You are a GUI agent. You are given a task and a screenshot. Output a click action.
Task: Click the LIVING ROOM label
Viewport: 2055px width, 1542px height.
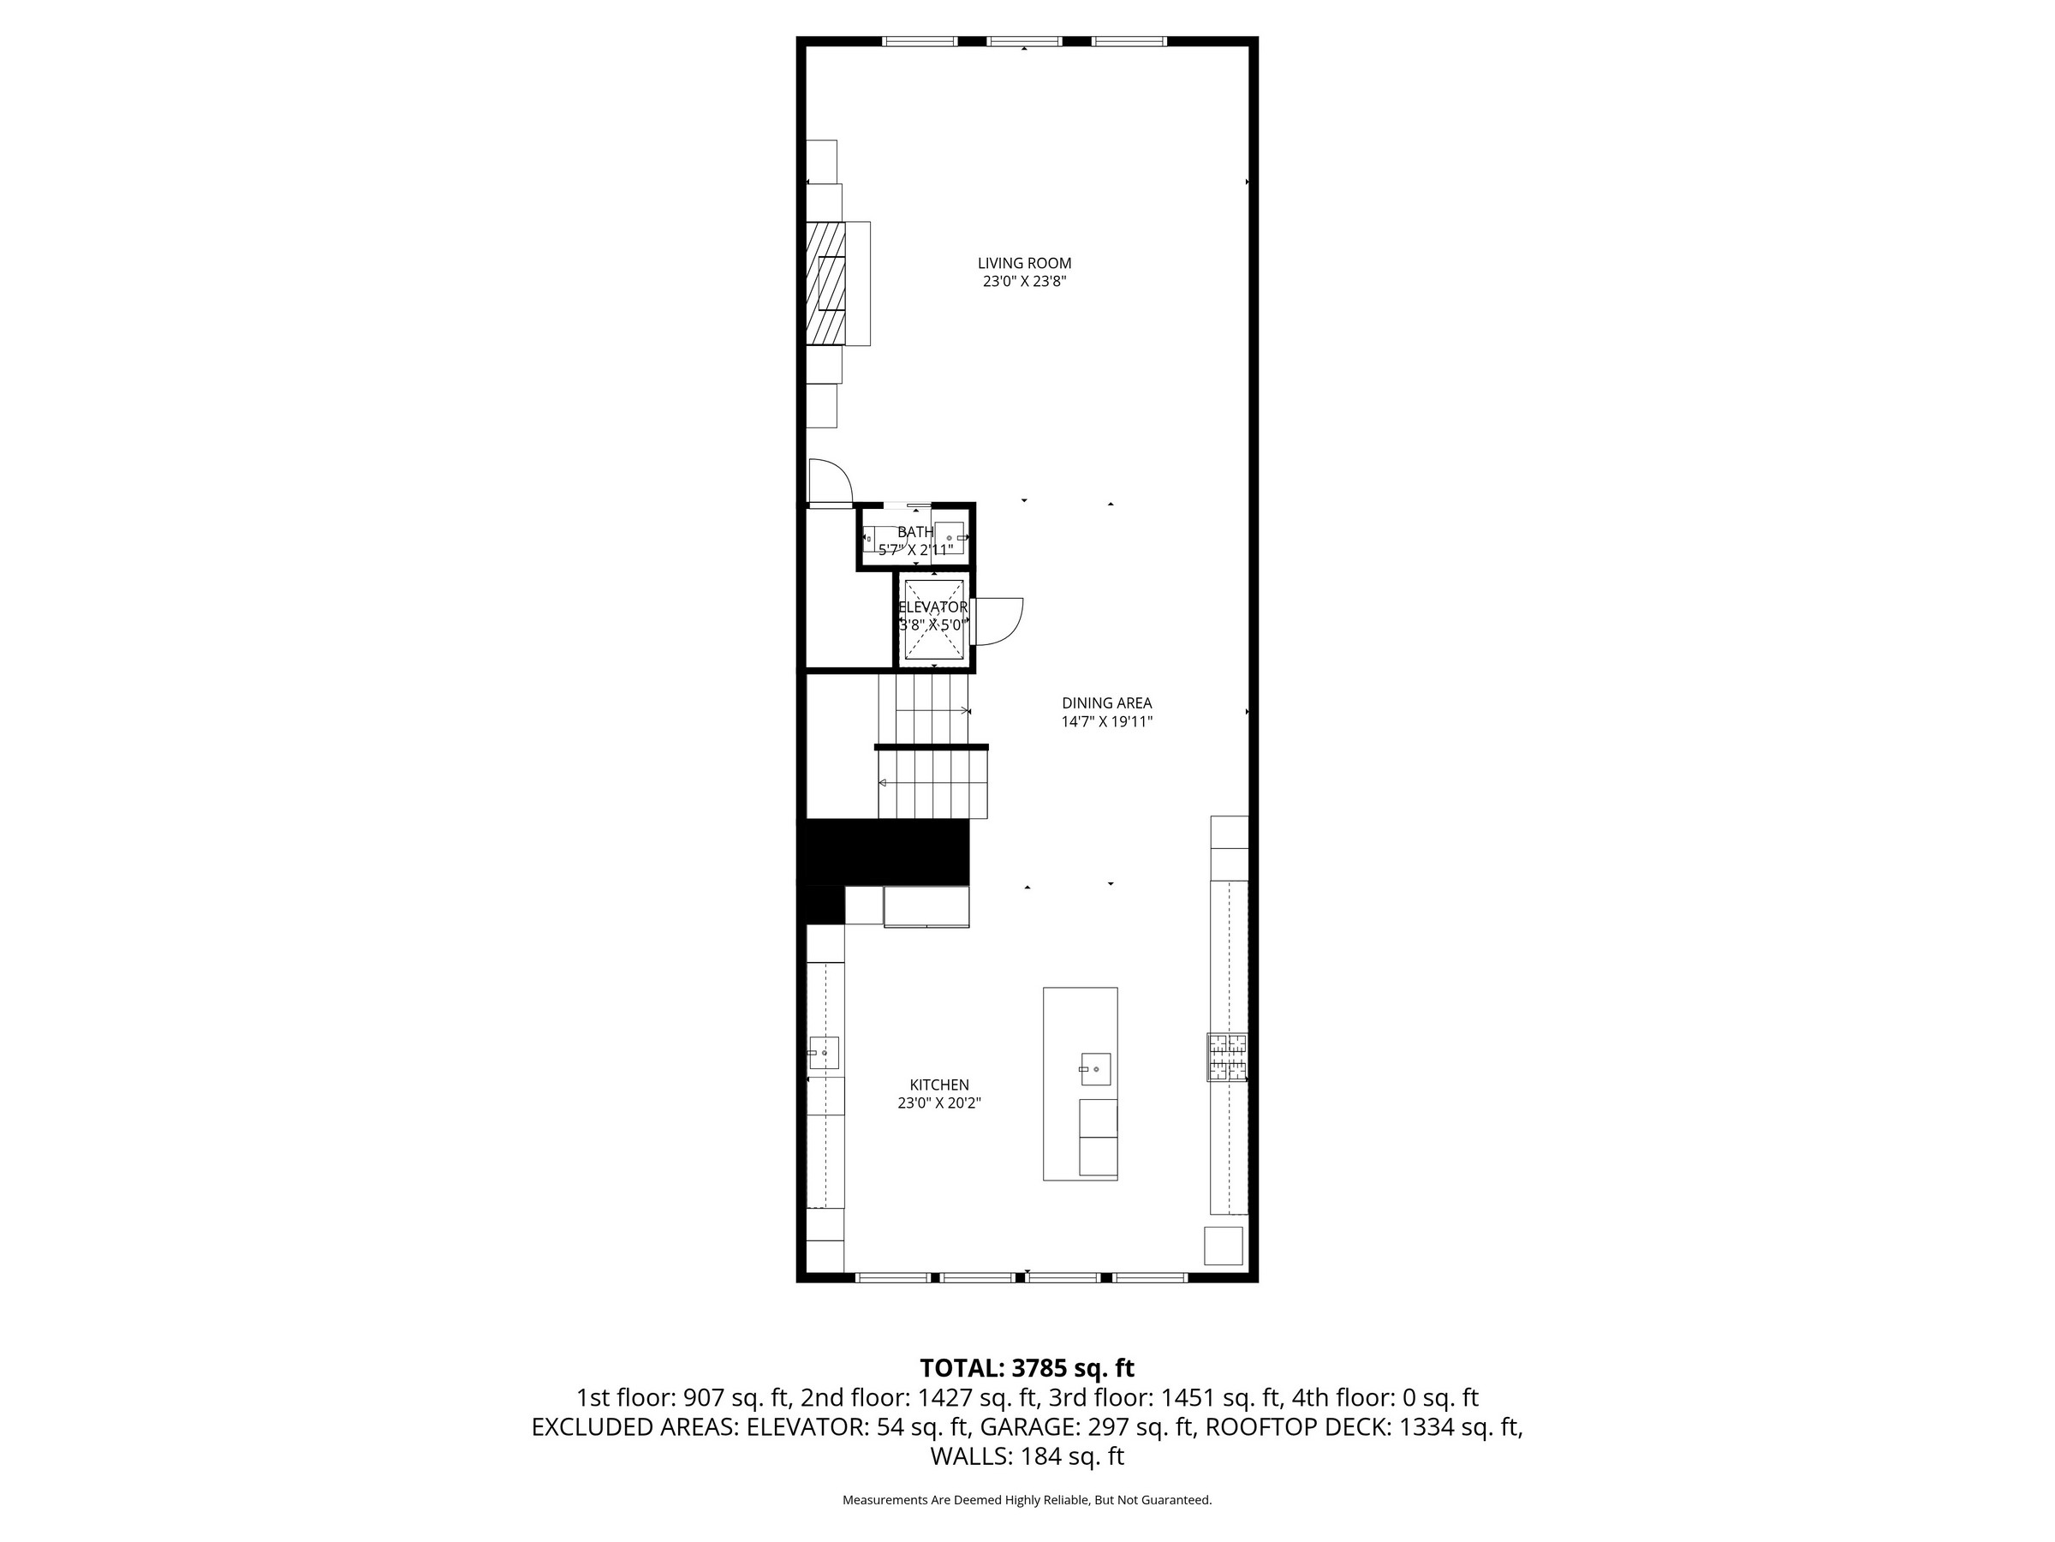click(1024, 263)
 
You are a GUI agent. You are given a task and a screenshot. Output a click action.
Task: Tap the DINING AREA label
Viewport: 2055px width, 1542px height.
click(1106, 703)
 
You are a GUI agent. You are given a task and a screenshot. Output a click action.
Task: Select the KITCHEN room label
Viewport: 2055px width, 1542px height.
click(939, 1085)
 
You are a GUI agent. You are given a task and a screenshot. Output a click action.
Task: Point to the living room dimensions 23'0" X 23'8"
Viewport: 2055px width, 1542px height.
click(1024, 282)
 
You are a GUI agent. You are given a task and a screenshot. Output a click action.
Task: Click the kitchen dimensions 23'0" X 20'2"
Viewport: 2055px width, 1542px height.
click(939, 1103)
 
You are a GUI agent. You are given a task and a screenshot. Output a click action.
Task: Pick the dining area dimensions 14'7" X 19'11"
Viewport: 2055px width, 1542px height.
click(1106, 721)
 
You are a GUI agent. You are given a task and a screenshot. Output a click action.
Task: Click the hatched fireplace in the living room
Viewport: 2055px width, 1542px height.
click(826, 284)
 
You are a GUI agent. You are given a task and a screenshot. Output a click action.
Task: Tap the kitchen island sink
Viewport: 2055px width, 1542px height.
click(1095, 1069)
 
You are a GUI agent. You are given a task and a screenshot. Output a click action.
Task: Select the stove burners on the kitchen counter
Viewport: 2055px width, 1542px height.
click(1226, 1057)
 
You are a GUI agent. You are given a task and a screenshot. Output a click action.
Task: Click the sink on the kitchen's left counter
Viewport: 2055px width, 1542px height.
click(823, 1053)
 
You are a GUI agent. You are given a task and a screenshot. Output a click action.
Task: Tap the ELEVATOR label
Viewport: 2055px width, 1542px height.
click(932, 607)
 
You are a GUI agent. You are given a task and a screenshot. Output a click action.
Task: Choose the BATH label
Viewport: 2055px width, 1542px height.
click(915, 532)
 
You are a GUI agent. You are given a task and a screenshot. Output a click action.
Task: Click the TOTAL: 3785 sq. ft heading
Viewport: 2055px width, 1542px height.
click(1027, 1368)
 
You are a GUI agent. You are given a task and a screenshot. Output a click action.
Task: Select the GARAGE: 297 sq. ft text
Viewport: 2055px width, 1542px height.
click(1086, 1426)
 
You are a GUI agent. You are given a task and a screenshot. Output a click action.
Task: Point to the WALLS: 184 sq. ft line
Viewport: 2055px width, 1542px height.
click(1027, 1455)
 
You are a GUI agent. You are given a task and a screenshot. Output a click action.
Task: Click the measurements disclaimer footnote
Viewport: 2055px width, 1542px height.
click(1027, 1500)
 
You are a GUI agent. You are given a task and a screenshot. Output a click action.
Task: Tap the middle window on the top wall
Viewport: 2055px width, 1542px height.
click(1024, 41)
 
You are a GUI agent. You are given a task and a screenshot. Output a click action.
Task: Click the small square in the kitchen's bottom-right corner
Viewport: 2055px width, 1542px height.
click(1223, 1246)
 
